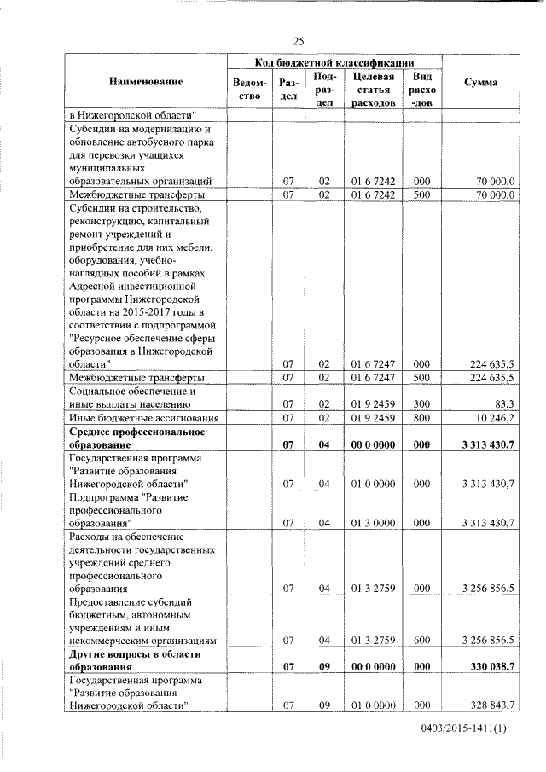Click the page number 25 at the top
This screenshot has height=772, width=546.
pyautogui.click(x=299, y=40)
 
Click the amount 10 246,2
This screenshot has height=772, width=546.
pyautogui.click(x=495, y=418)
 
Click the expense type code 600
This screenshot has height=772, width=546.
pyautogui.click(x=421, y=639)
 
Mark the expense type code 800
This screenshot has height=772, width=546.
pyautogui.click(x=421, y=418)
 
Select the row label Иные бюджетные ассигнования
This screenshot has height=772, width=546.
pyautogui.click(x=144, y=418)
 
